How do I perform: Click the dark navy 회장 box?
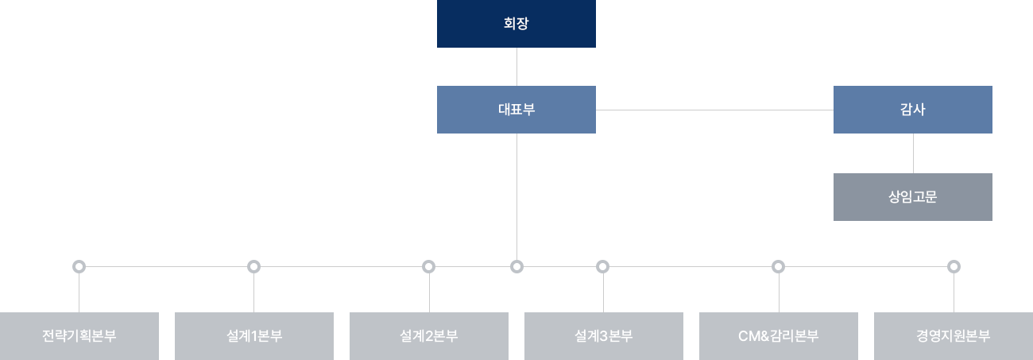pyautogui.click(x=516, y=24)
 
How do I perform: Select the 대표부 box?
pyautogui.click(x=516, y=110)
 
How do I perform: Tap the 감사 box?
pyautogui.click(x=912, y=110)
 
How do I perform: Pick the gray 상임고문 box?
pyautogui.click(x=912, y=197)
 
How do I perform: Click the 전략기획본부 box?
pyautogui.click(x=79, y=335)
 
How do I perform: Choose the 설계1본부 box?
pyautogui.click(x=253, y=335)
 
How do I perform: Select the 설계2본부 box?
pyautogui.click(x=428, y=335)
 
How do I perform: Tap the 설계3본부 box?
pyautogui.click(x=603, y=335)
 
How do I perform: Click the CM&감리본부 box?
pyautogui.click(x=778, y=335)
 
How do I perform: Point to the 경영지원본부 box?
pyautogui.click(x=953, y=335)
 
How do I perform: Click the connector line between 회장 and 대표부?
pyautogui.click(x=516, y=67)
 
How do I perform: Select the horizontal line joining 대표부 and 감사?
pyautogui.click(x=714, y=110)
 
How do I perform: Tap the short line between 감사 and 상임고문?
pyautogui.click(x=913, y=153)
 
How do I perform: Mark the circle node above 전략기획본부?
pyautogui.click(x=78, y=266)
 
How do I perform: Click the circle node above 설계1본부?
pyautogui.click(x=254, y=266)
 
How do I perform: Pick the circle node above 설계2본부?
pyautogui.click(x=429, y=266)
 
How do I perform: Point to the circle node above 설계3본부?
pyautogui.click(x=602, y=266)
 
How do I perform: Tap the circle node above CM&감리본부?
pyautogui.click(x=777, y=266)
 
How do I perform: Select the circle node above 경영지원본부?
pyautogui.click(x=954, y=266)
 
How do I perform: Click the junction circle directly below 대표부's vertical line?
pyautogui.click(x=516, y=266)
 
